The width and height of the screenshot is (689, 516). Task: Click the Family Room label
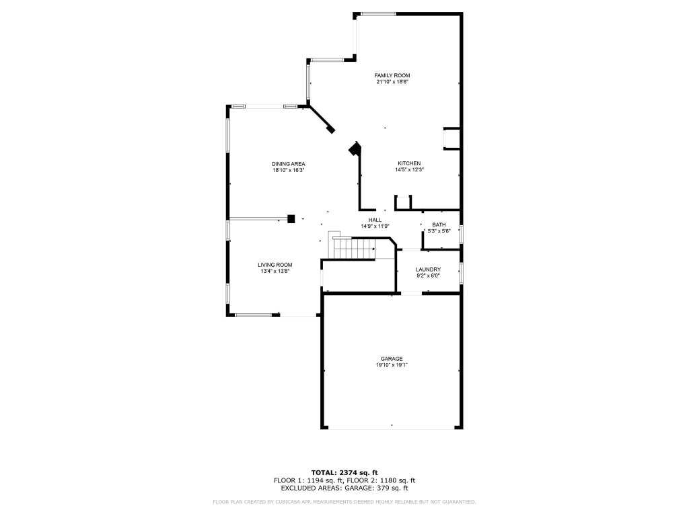click(392, 75)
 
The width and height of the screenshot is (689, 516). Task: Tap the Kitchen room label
click(409, 163)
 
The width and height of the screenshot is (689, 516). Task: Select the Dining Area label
click(289, 164)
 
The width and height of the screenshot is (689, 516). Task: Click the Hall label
click(375, 220)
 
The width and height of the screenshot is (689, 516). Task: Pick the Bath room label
click(439, 225)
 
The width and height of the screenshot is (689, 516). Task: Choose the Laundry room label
click(428, 269)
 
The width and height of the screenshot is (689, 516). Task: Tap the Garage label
click(392, 359)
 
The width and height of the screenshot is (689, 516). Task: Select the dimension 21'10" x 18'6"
click(392, 82)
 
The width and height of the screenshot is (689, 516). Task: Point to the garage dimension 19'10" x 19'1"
click(392, 365)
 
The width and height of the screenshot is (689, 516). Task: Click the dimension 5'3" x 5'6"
click(439, 232)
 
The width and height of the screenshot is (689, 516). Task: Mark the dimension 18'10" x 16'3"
click(289, 170)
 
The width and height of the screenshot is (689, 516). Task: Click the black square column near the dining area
click(291, 218)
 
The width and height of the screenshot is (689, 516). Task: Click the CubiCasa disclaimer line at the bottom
click(344, 502)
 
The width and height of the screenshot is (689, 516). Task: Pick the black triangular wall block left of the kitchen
click(355, 148)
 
